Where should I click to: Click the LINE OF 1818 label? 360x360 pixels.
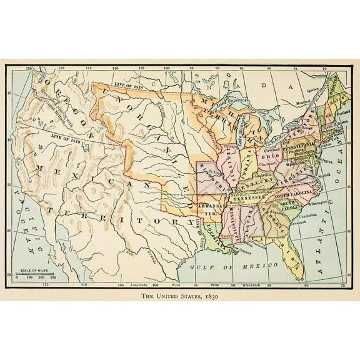click(129, 84)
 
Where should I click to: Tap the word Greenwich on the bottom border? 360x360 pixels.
click(242, 284)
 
